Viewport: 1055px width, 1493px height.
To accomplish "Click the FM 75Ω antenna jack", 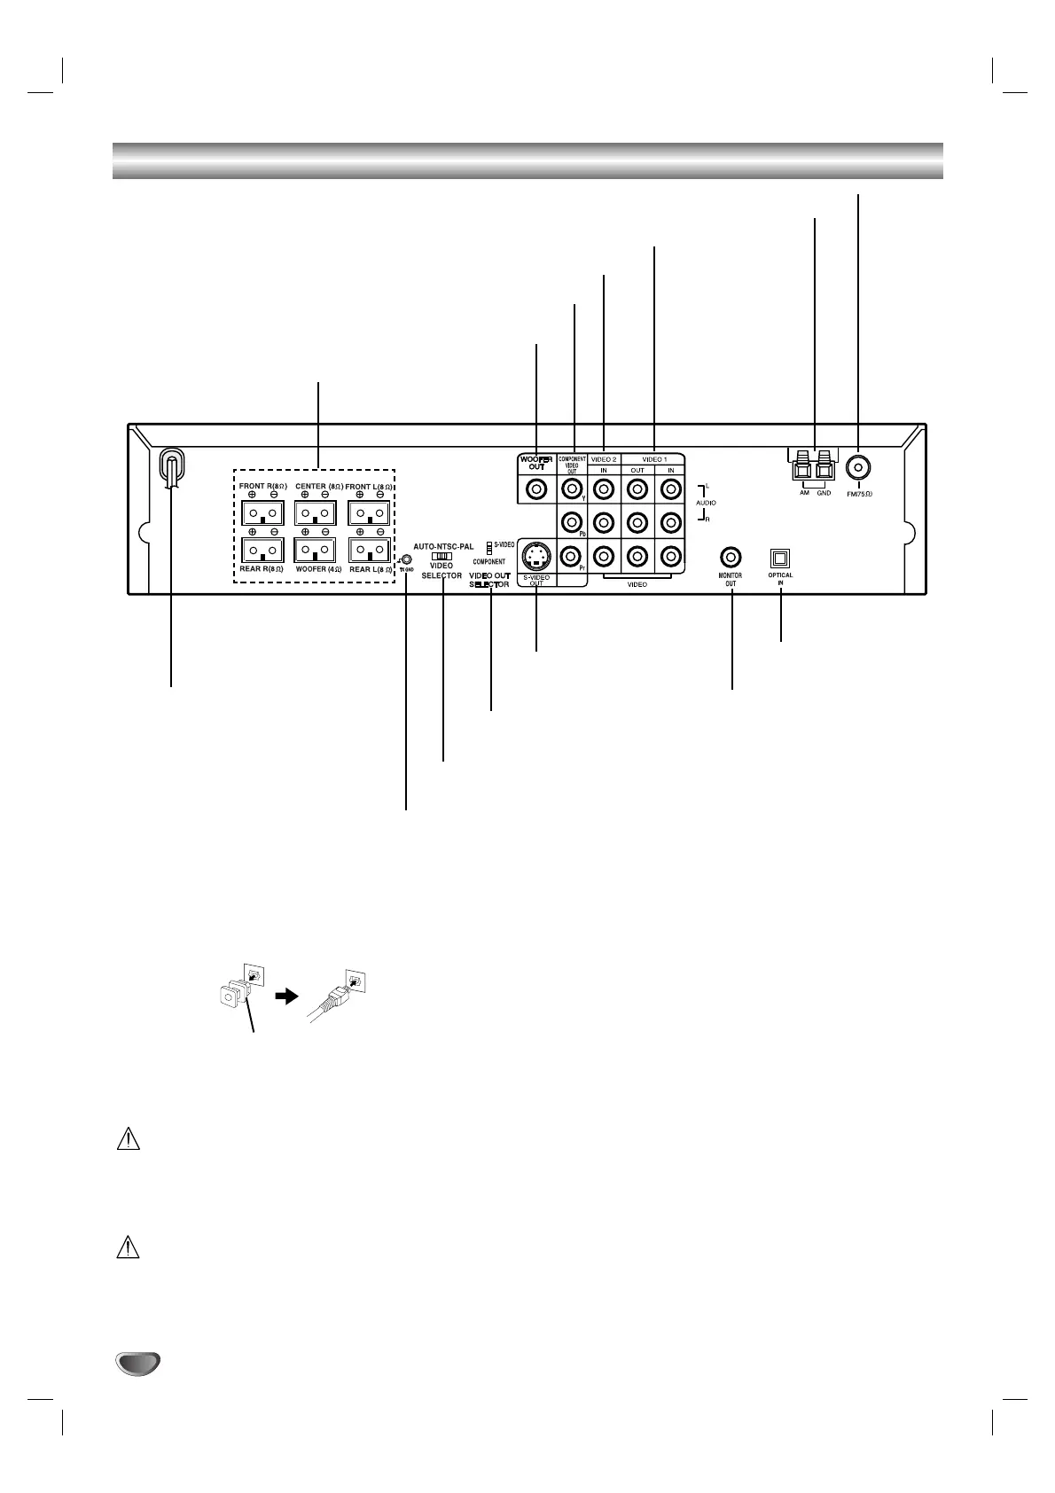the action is (858, 466).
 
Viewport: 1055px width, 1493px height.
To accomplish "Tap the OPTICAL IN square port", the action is (780, 559).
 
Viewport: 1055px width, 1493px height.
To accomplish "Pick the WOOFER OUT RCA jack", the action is (536, 488).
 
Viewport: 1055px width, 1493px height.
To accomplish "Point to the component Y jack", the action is (572, 488).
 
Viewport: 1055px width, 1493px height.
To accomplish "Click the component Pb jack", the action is (572, 523).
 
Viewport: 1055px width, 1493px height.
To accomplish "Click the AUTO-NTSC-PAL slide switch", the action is (442, 556).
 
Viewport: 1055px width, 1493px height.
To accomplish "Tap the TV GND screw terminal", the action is (406, 560).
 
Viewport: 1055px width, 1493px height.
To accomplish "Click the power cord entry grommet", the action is (171, 468).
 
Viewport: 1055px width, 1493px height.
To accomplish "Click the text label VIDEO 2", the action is (604, 459).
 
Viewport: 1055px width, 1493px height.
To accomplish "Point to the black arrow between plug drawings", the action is (285, 996).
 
